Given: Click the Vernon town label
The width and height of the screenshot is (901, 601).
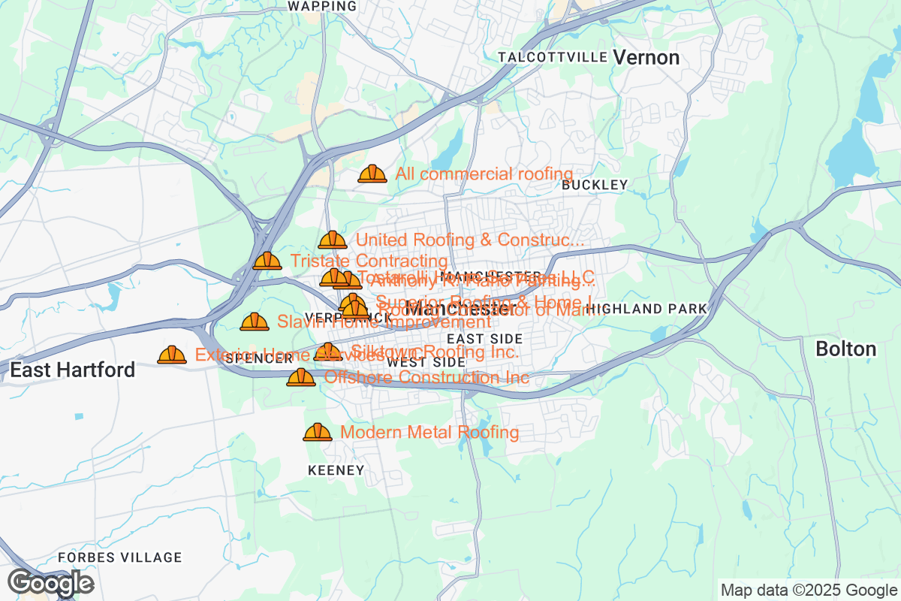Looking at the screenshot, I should (x=646, y=58).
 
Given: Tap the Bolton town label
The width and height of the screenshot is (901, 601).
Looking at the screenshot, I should (x=845, y=349).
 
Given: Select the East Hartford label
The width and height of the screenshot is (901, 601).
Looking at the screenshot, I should (x=73, y=370).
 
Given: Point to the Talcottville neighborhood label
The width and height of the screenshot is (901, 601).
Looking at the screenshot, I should (x=553, y=58).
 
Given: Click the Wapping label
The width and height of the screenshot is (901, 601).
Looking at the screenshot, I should (x=322, y=6).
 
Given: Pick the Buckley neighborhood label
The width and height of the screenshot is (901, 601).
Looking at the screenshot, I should (x=594, y=185).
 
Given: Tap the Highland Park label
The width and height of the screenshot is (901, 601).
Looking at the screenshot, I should (x=647, y=309).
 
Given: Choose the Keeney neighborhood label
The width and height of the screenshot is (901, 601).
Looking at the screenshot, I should (x=336, y=471).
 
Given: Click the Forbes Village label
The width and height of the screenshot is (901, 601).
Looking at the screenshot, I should (x=120, y=557).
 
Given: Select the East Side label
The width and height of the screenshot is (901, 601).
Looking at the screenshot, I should (x=484, y=340).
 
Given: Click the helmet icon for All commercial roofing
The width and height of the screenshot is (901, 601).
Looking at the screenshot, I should (x=372, y=174).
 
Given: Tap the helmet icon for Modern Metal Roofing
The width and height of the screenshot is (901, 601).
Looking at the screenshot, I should (x=317, y=432).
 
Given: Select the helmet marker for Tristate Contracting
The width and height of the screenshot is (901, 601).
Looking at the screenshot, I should (x=267, y=261).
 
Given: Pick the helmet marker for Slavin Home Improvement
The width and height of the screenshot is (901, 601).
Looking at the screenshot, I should (x=254, y=322).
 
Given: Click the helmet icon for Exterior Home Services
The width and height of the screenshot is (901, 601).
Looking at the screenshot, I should (x=172, y=355).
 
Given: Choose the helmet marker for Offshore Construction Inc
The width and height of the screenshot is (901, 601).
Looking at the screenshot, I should (x=301, y=377).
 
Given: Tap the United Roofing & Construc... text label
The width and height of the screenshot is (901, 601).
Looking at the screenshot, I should (x=469, y=240).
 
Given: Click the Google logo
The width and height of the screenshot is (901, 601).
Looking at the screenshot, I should (x=51, y=583).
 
